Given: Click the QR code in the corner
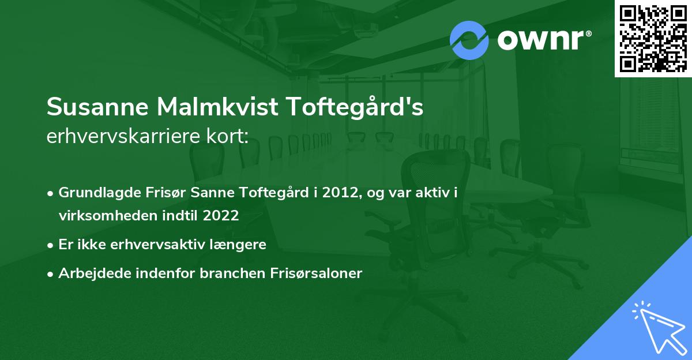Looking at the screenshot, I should [x=653, y=38].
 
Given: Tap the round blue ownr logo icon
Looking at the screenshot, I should [x=469, y=39].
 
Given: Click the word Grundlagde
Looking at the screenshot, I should [x=96, y=192].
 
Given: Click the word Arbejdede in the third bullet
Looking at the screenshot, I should [x=88, y=273].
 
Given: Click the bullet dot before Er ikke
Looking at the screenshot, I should [x=51, y=245].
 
